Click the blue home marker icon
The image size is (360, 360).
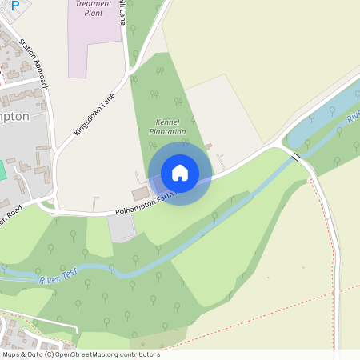(180, 173)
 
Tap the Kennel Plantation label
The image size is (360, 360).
(168, 126)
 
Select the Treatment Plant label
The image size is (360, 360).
(94, 8)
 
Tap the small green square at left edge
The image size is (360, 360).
(2, 170)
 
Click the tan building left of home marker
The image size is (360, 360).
(141, 194)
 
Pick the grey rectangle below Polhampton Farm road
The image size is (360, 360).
(122, 228)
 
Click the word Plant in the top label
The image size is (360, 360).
(94, 14)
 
